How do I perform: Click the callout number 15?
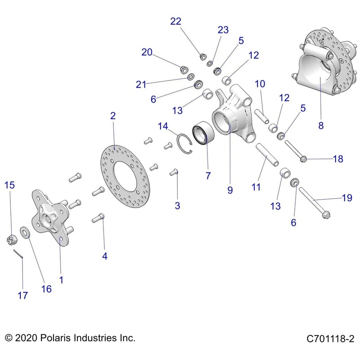(x=10, y=185)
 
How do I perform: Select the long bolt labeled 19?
(x=313, y=202)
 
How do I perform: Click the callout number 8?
(x=321, y=126)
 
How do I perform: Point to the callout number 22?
(x=176, y=21)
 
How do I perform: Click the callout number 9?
(x=230, y=190)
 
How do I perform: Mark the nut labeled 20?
(x=184, y=69)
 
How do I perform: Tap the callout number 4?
(x=105, y=256)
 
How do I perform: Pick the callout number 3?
(x=177, y=206)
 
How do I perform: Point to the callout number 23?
(x=223, y=30)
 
